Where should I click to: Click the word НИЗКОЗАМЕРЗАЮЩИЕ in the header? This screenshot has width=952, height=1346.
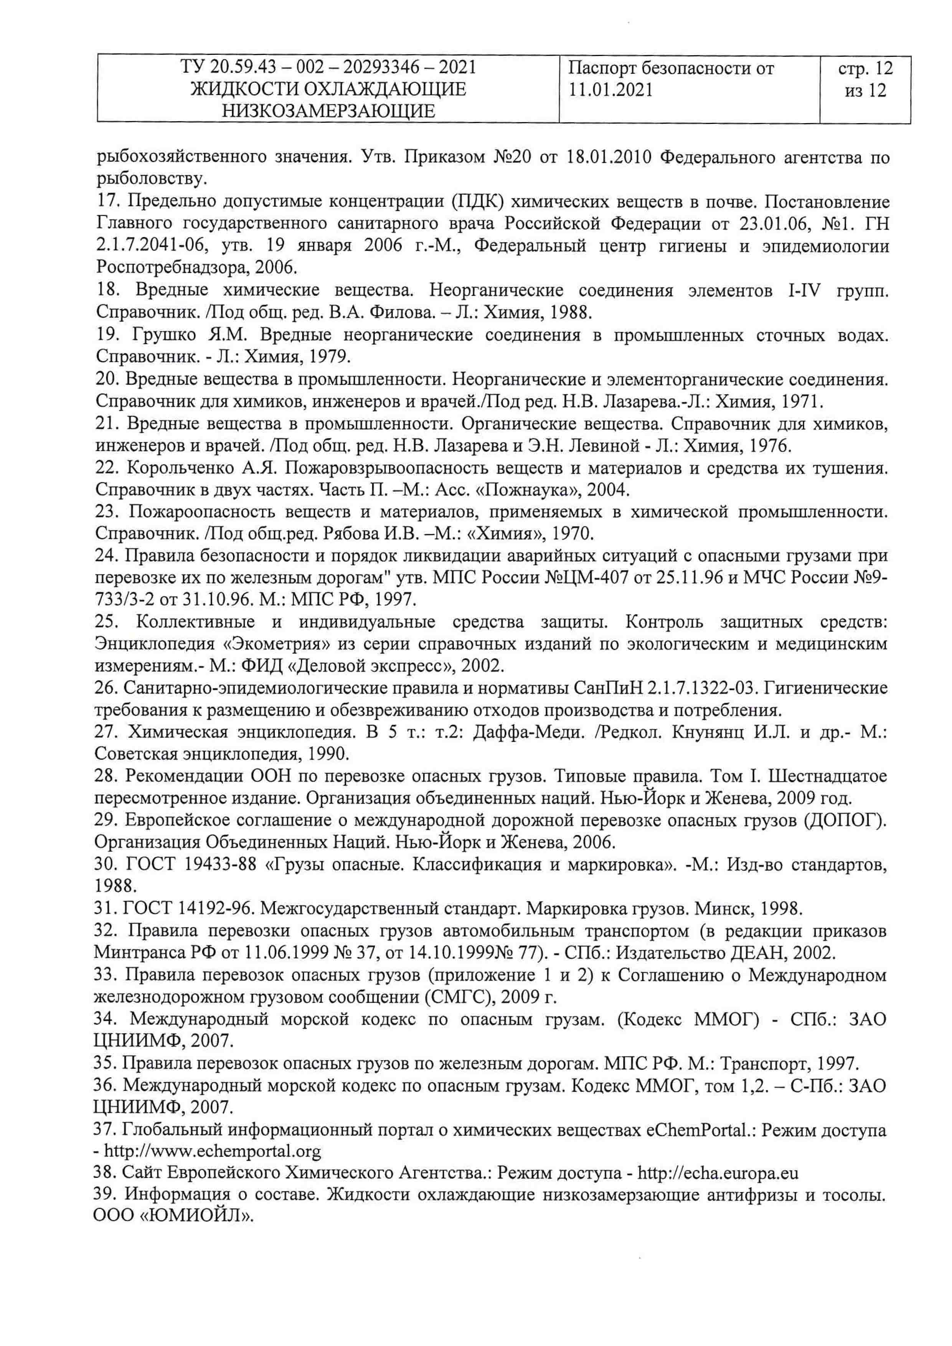328,111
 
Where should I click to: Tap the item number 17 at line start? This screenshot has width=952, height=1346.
107,202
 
